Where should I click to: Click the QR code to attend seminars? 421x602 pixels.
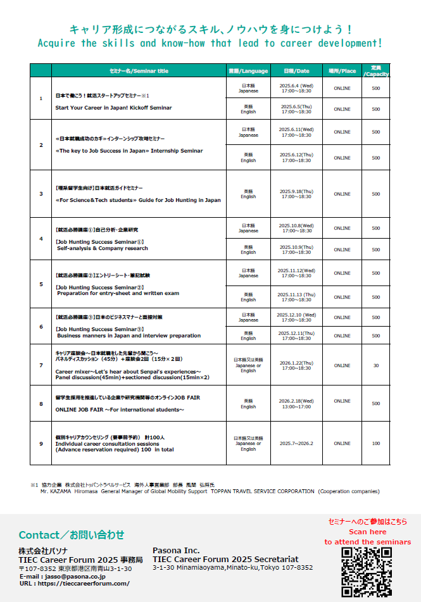(367, 572)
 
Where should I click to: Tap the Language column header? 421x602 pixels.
(248, 71)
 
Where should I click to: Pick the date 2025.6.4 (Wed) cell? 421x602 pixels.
(296, 87)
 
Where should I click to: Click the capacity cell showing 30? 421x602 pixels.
(376, 365)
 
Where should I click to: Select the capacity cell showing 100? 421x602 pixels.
(376, 443)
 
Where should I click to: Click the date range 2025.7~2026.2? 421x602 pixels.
(296, 443)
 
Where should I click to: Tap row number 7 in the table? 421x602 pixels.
(41, 365)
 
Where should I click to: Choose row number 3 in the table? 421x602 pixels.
(41, 194)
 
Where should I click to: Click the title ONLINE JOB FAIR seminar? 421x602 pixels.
(120, 410)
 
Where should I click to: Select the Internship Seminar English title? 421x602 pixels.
(129, 151)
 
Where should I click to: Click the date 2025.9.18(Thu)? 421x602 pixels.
(296, 194)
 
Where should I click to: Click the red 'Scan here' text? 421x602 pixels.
(367, 532)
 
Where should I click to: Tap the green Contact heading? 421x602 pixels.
(71, 535)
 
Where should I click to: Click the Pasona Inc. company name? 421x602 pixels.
(176, 551)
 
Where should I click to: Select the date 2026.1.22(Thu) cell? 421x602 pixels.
(296, 365)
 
